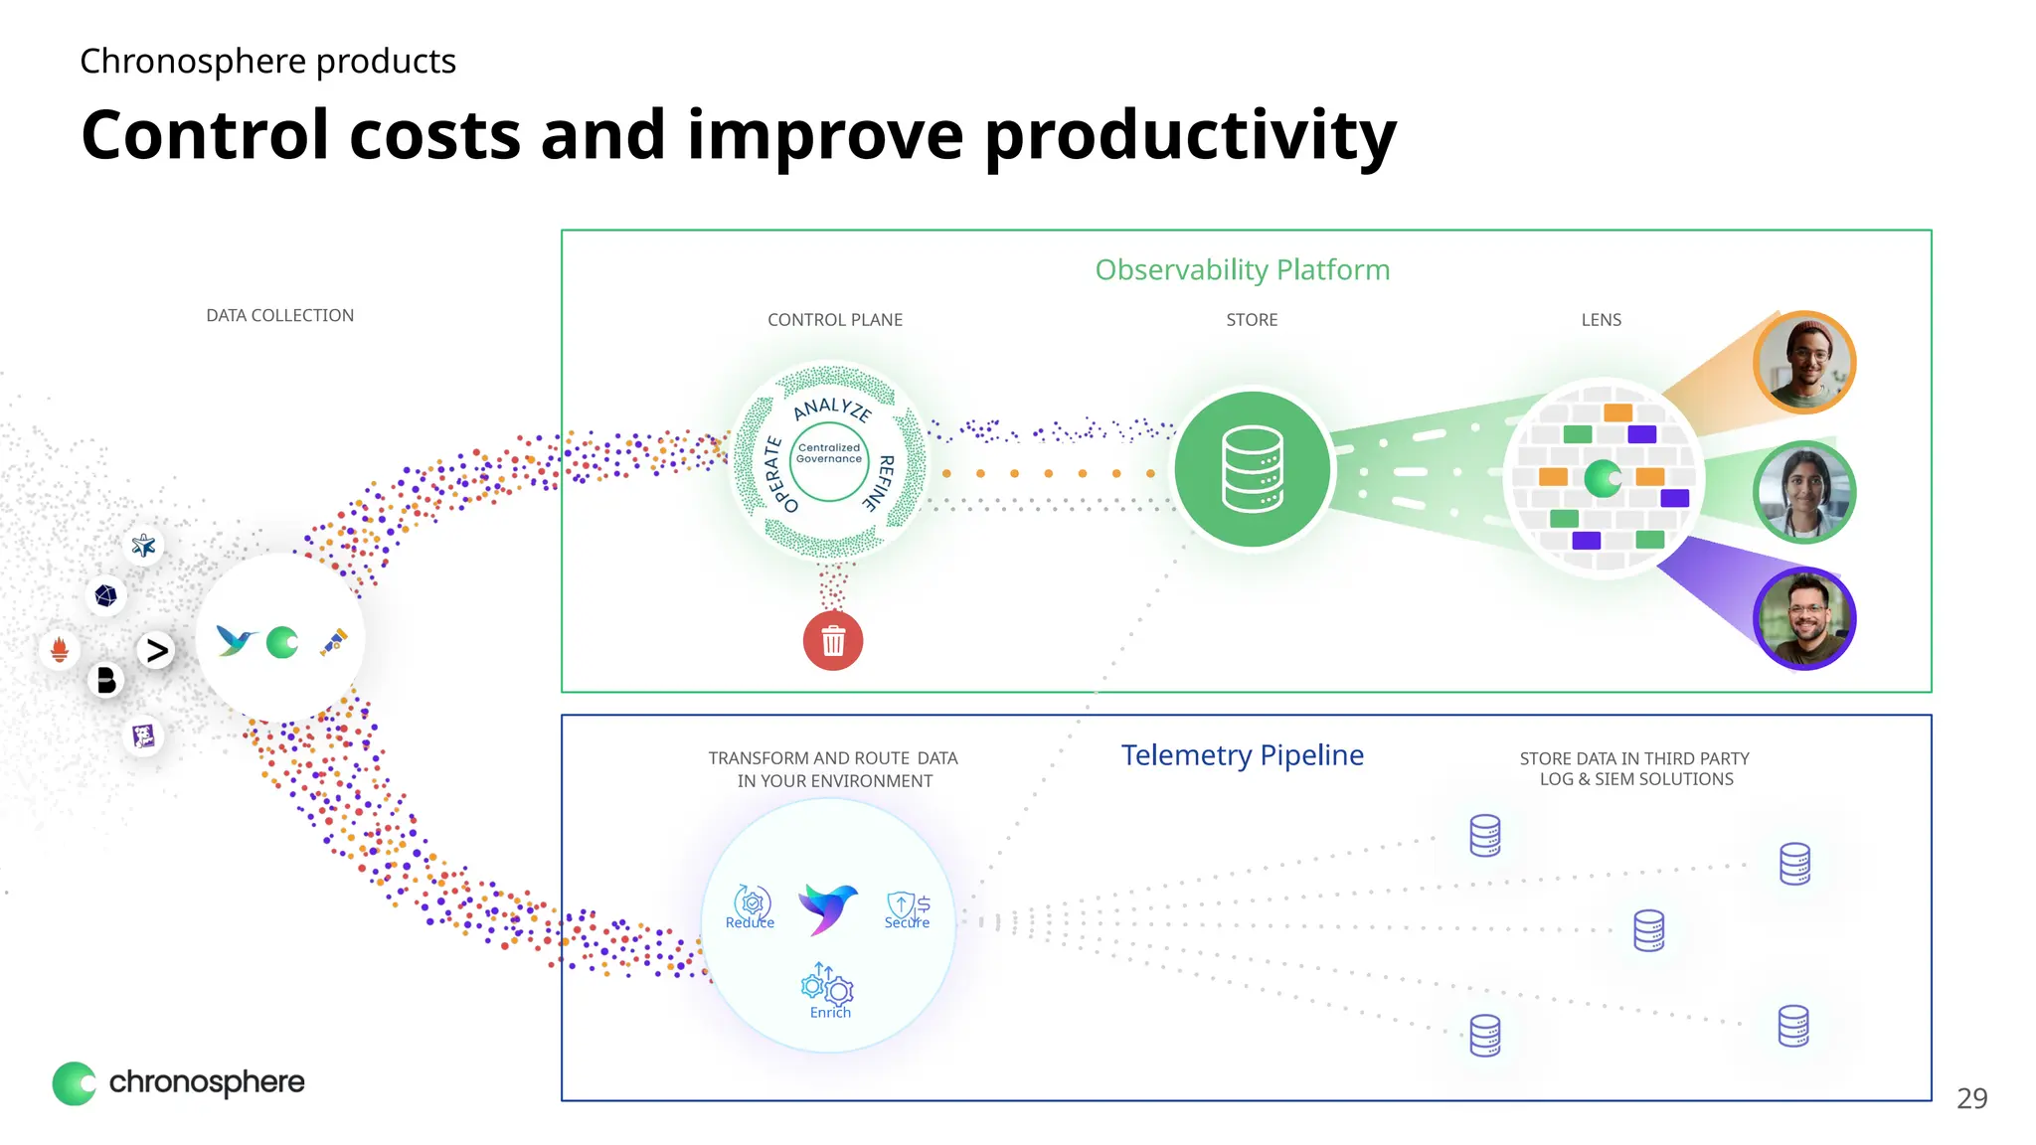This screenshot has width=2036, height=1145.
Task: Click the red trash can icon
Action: coord(833,641)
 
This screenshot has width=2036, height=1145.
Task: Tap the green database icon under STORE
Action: coord(1252,469)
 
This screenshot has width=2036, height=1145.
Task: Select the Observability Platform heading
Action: coord(1242,269)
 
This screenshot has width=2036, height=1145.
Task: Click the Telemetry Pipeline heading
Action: coord(1242,755)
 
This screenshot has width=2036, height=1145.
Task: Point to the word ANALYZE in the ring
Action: coord(833,408)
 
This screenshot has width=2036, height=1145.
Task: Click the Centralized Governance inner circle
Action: coord(829,454)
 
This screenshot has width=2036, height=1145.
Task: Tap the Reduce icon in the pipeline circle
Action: coord(752,904)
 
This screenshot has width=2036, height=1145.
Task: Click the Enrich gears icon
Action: coord(828,986)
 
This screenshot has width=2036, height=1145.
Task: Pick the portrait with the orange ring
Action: coord(1803,361)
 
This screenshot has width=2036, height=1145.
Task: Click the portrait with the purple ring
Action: coord(1803,618)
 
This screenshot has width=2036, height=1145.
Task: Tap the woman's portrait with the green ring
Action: coord(1803,491)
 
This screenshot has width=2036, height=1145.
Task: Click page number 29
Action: coord(1971,1098)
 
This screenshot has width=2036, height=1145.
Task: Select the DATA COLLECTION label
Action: coord(279,315)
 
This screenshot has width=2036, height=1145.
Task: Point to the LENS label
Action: coord(1601,320)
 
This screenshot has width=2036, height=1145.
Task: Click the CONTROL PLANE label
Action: coord(835,320)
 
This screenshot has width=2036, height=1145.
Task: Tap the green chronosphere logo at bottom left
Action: coord(75,1083)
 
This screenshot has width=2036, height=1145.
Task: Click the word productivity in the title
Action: coord(1189,136)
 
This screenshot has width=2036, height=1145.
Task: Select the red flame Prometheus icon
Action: coord(60,649)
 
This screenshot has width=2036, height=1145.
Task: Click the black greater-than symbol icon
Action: coord(157,651)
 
